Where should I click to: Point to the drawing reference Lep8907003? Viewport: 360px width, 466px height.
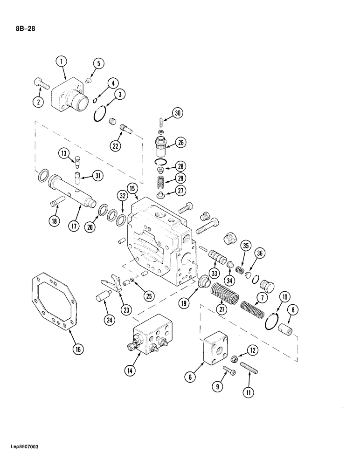(22, 459)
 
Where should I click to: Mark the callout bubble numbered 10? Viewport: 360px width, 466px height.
(284, 297)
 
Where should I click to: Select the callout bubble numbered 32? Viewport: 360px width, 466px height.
(122, 197)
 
